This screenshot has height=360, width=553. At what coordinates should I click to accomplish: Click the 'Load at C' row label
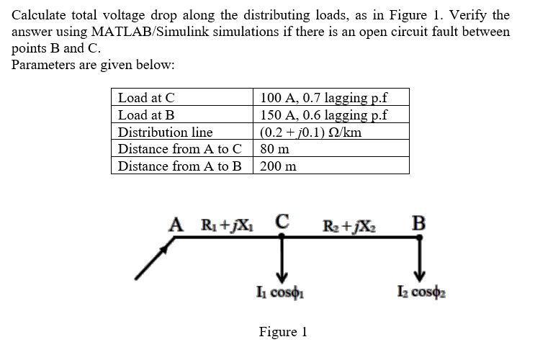coord(147,98)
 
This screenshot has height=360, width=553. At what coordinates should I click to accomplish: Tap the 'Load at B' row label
coord(147,115)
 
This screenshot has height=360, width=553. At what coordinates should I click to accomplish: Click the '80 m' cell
coord(274,149)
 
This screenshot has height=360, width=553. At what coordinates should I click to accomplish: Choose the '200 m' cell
coord(278,166)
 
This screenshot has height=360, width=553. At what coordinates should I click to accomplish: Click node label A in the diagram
coord(174,222)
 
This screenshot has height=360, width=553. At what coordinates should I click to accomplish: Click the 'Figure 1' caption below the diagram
coord(283,332)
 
